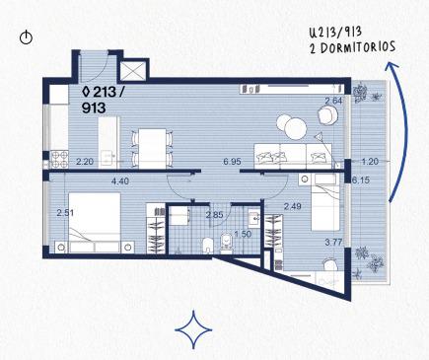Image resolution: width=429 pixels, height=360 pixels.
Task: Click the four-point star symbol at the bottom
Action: [x=193, y=329]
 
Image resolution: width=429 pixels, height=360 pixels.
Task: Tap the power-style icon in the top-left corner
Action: [x=26, y=37]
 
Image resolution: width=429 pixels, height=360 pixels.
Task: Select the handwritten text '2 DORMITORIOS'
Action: [x=352, y=48]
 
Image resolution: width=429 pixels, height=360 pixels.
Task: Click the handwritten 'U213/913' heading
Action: [x=335, y=33]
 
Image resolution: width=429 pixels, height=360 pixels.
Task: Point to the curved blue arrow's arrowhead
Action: [x=392, y=65]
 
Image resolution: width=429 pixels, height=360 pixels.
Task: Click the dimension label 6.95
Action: [x=232, y=162]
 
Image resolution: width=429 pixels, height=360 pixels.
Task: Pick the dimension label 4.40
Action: [x=120, y=180]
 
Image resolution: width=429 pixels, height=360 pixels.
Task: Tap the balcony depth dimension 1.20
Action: [x=370, y=162]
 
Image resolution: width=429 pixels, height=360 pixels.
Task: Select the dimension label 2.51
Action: [x=65, y=213]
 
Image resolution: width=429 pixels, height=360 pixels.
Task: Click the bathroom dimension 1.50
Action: [x=243, y=234]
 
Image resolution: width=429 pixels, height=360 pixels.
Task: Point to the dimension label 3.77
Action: [x=333, y=243]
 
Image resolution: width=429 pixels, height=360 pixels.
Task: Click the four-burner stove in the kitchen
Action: [x=59, y=159]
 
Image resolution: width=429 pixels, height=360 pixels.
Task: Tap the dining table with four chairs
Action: [x=152, y=149]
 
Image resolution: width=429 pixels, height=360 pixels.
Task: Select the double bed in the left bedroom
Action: [x=95, y=223]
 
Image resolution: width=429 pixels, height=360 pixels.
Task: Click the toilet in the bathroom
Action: [x=226, y=244]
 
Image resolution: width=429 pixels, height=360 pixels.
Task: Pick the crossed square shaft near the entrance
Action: [x=133, y=71]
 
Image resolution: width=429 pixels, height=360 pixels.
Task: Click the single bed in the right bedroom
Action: [x=325, y=202]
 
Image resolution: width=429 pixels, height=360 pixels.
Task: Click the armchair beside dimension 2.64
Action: [x=327, y=116]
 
